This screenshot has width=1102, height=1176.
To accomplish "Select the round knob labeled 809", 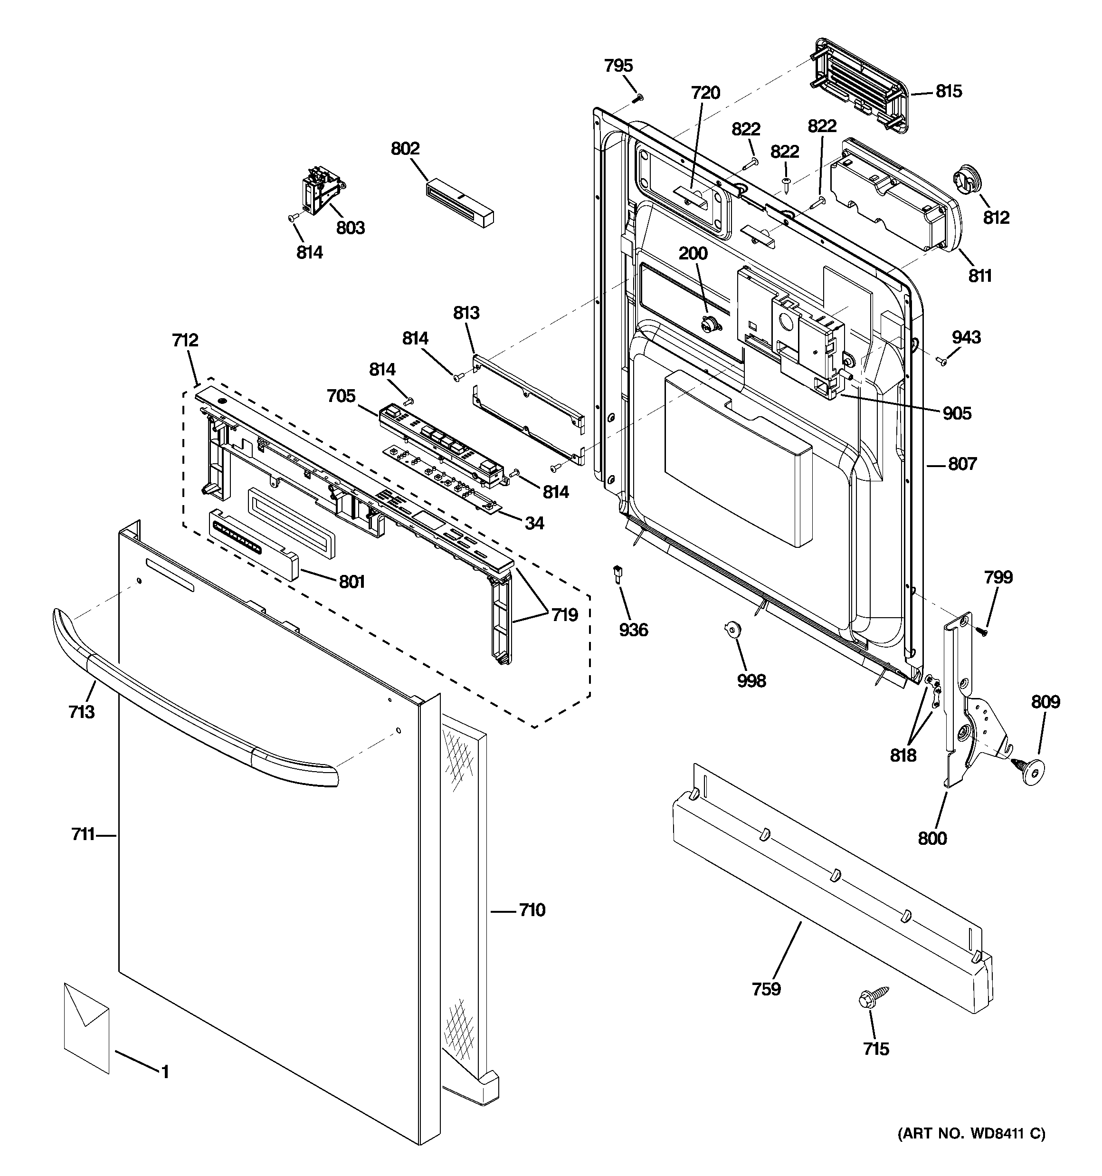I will pos(1030,771).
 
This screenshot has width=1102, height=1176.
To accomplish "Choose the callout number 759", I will pos(767,988).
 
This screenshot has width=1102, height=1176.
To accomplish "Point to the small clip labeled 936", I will pos(617,573).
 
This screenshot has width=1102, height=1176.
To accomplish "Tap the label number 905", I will pos(957,413).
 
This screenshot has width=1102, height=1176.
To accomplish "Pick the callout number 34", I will pos(534,523).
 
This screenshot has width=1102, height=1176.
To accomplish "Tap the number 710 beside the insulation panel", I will pos(532,910).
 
